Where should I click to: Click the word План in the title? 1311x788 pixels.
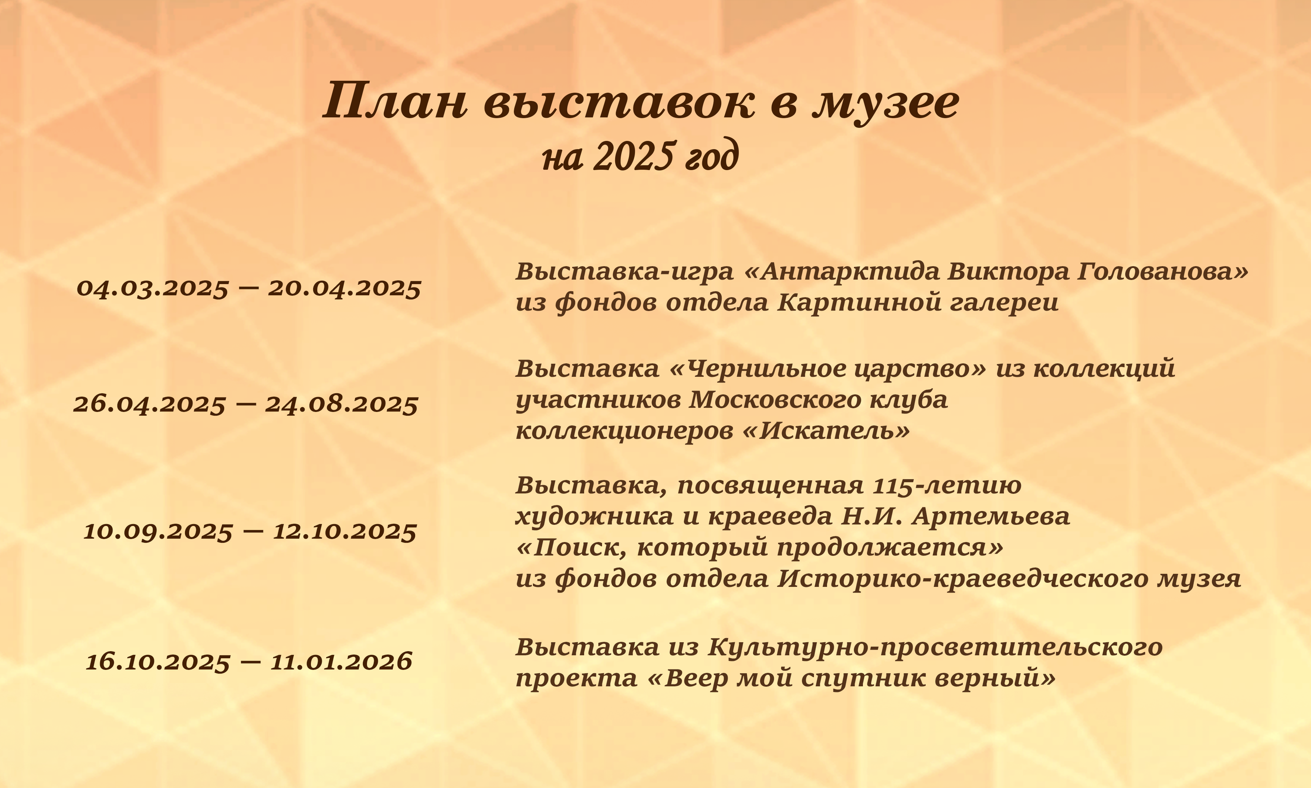[395, 101]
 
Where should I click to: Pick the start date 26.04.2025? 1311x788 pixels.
[149, 404]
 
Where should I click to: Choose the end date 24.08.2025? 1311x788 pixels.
[341, 404]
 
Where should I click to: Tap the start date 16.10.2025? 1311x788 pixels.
[158, 662]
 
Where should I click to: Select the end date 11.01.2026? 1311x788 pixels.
[341, 662]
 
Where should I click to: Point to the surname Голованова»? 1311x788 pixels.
[1162, 272]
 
